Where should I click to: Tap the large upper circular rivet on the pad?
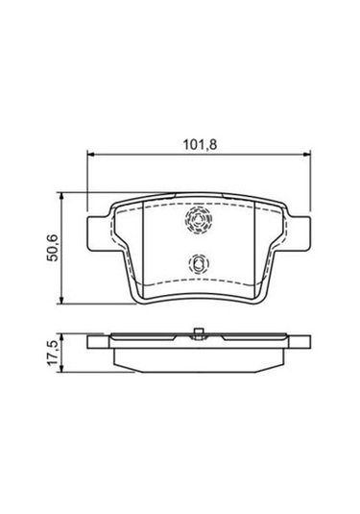click(197, 222)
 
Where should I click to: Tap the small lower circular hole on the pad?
click(196, 261)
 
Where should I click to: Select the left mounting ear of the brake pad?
click(98, 231)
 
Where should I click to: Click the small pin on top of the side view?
click(196, 333)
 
